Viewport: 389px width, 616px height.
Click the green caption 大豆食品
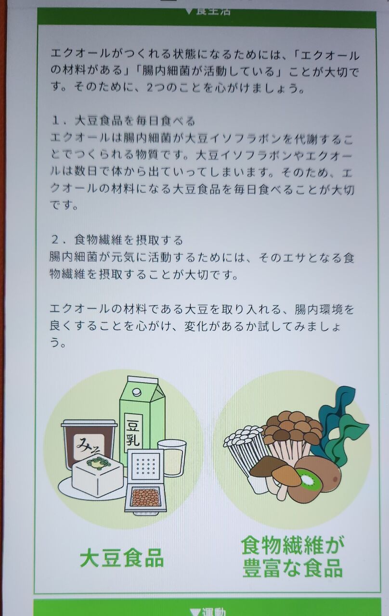point(122,558)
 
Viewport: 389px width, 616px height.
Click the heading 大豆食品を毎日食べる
point(135,120)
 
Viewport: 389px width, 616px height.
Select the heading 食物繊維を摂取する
point(129,240)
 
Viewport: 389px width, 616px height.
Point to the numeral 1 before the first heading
point(56,120)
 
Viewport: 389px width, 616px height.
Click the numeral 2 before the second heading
point(55,240)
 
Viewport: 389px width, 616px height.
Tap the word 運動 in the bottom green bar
point(214,612)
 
